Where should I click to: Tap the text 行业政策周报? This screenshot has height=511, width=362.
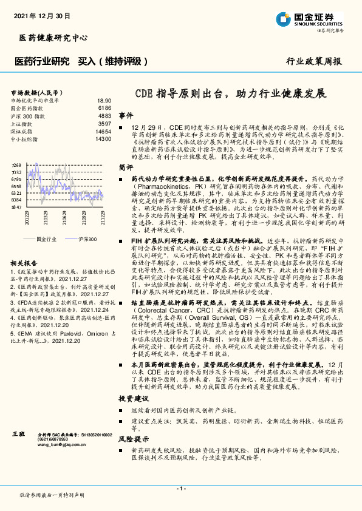313,62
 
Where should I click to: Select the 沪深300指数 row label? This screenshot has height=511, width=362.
28,115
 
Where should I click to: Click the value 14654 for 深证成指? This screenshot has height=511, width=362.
103,131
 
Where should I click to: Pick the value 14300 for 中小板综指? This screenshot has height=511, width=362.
103,139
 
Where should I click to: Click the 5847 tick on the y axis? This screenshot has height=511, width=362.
16,208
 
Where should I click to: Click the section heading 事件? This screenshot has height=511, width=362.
126,115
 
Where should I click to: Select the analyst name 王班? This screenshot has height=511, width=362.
18,435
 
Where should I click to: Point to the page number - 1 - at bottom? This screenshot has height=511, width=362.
181,489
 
